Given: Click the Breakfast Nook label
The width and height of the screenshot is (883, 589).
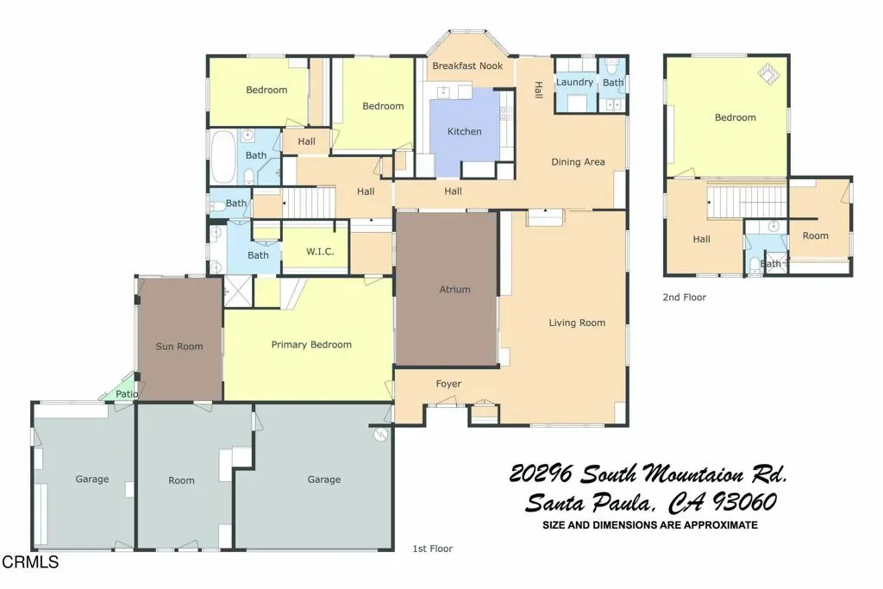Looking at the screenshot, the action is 467,66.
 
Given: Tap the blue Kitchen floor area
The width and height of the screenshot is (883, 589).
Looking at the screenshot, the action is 465,132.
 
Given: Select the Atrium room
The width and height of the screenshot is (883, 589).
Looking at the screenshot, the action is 448,289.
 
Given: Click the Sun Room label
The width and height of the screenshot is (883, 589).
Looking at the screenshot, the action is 179,347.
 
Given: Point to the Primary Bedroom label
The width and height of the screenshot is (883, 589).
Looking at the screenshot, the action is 311,345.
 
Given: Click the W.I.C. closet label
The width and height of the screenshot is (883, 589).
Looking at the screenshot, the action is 320,252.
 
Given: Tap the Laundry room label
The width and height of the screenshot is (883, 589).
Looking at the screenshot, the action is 574,82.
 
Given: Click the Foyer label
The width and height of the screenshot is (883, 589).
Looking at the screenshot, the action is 448,384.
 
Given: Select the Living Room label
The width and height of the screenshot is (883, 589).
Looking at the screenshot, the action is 577,323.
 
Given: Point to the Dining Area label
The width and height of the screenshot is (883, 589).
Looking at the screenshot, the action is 578,162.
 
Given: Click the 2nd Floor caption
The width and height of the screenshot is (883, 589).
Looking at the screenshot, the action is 684,298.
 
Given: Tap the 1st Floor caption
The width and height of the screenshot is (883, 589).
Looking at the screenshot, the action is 433,548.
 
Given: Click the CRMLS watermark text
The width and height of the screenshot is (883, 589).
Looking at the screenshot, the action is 30,562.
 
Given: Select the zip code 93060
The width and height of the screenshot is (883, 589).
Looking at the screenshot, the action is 745,502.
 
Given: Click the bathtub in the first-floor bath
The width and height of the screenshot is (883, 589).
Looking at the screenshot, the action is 223,157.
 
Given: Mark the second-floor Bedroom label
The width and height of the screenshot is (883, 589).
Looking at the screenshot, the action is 735,117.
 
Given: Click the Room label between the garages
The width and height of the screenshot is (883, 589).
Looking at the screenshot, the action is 181,480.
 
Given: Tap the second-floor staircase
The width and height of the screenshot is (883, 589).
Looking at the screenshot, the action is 747,202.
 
